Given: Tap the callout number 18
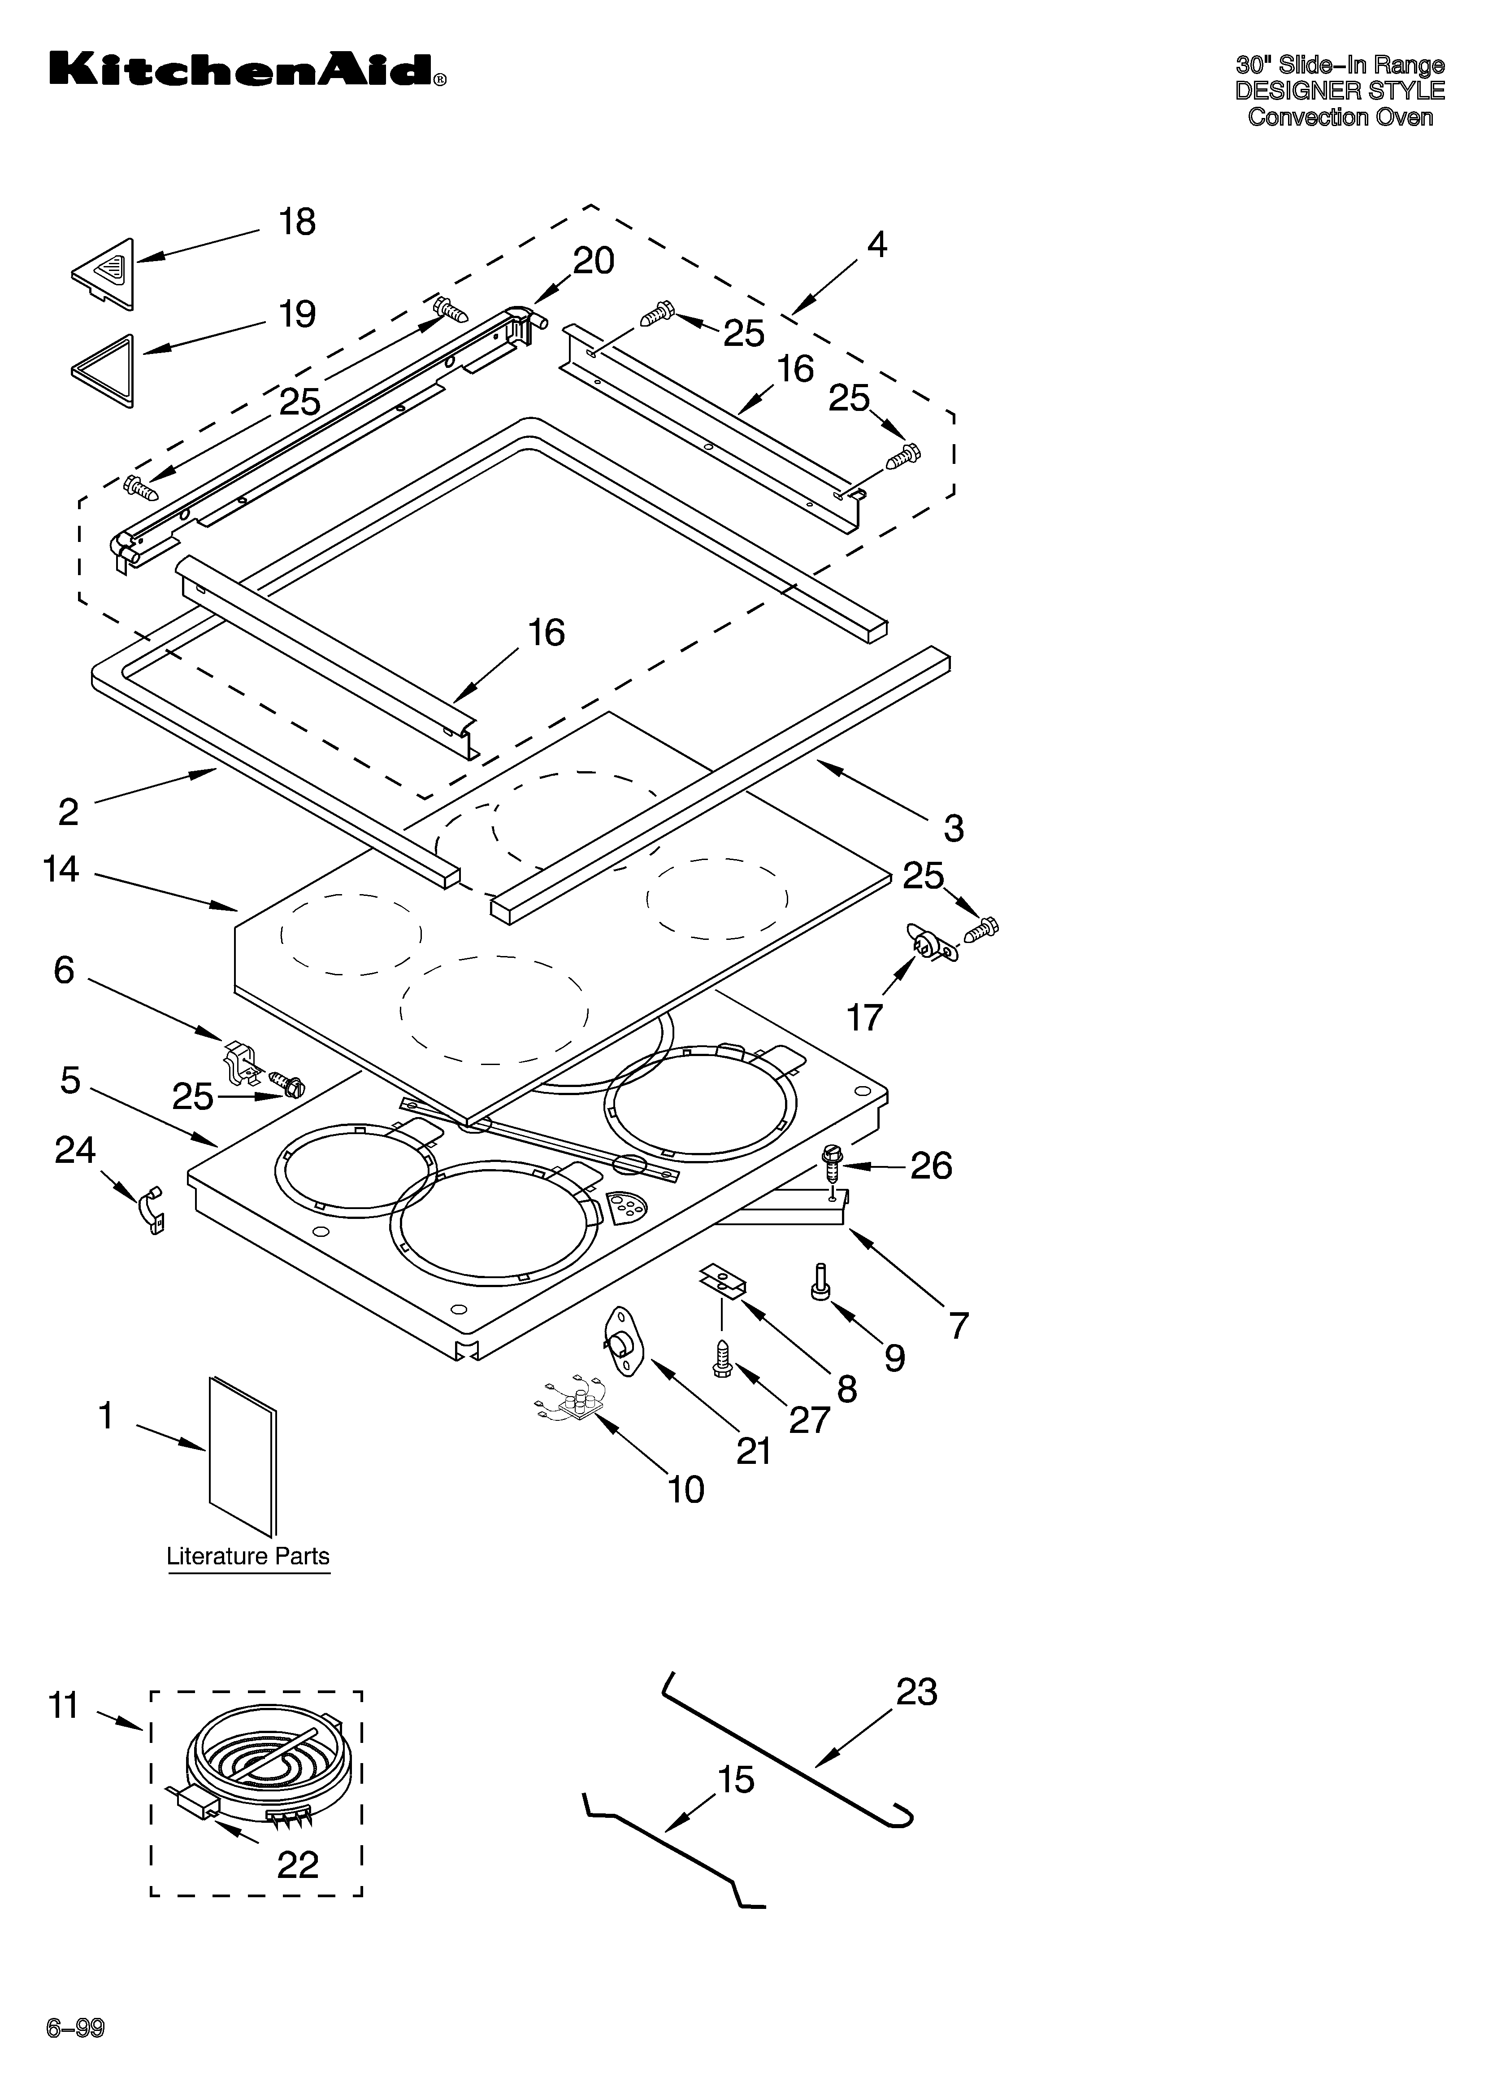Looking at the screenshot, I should click(297, 222).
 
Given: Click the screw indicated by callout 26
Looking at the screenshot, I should click(832, 1160).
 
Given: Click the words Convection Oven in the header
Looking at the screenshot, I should click(1340, 117).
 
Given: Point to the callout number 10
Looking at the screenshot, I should click(685, 1489).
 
